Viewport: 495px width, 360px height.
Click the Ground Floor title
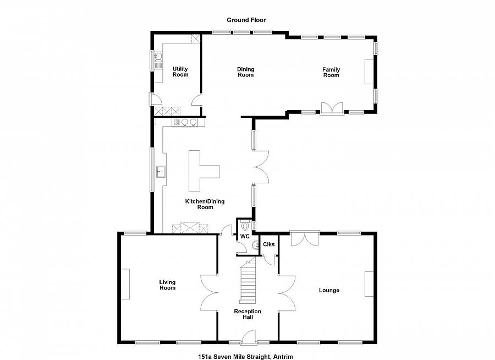[x=246, y=20]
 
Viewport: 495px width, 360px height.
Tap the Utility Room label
[x=180, y=72]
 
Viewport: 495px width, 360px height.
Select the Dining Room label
[x=246, y=72]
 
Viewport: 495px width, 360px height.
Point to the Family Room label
[x=331, y=72]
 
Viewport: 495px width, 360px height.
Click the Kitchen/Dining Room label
[x=205, y=204]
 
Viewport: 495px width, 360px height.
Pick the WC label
[x=245, y=236]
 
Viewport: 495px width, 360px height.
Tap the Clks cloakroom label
[x=268, y=244]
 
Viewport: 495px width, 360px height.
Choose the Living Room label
[x=167, y=285]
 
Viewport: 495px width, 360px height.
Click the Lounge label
[x=329, y=290]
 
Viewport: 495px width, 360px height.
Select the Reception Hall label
[x=248, y=314]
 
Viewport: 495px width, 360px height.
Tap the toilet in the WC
[x=245, y=226]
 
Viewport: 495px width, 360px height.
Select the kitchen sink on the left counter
[x=161, y=172]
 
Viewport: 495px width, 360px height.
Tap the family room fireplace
[x=369, y=72]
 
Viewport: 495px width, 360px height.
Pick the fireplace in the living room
[x=125, y=284]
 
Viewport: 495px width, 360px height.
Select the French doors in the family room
[x=332, y=108]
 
